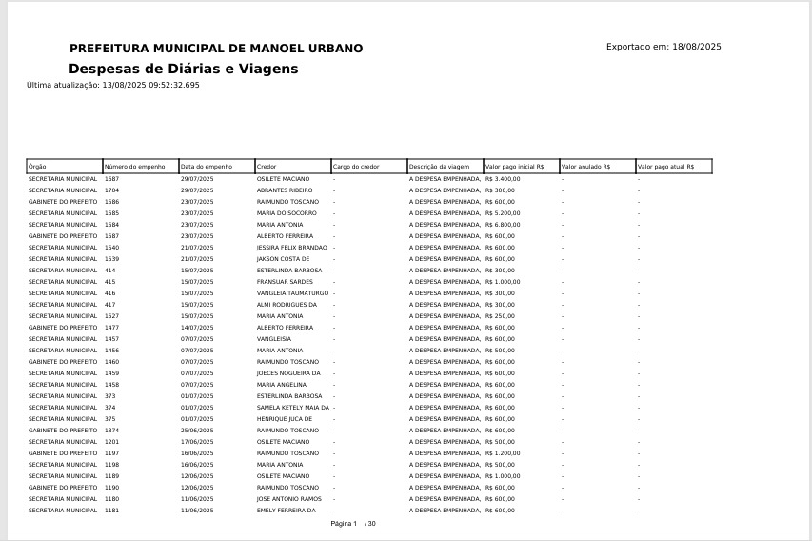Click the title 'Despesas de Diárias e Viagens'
point(183,70)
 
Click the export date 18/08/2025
point(697,47)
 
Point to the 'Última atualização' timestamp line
point(113,86)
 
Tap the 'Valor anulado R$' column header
point(585,167)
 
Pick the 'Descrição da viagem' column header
point(439,167)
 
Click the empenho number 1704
point(112,190)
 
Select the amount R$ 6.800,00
point(503,225)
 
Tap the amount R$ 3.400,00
point(503,179)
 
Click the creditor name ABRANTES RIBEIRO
point(285,190)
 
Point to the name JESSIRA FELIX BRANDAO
point(291,248)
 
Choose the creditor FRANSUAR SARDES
point(285,282)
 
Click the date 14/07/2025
point(197,328)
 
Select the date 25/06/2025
point(197,431)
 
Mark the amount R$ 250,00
point(500,316)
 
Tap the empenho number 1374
point(112,431)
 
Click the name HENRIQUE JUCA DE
point(285,419)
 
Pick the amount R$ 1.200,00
point(503,453)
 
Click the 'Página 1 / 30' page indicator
point(353,524)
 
